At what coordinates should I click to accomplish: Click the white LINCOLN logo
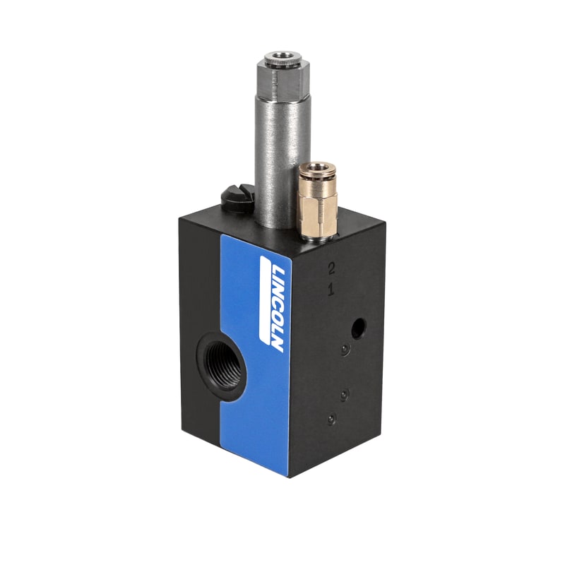(272, 304)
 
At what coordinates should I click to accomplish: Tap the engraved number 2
(330, 268)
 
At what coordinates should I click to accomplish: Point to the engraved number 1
(330, 289)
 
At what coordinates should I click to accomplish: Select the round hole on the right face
(358, 326)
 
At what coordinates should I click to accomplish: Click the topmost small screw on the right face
(344, 350)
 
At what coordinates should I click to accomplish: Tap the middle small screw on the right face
(344, 394)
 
